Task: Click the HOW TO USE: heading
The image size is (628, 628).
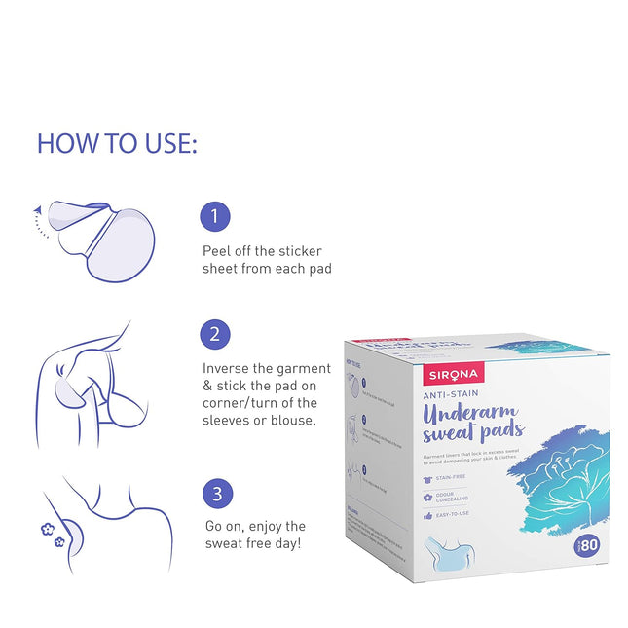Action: coord(117,143)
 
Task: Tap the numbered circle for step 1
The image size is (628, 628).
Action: coord(216,217)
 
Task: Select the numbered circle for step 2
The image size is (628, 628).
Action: coord(216,336)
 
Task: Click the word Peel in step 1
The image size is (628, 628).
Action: coord(218,250)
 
